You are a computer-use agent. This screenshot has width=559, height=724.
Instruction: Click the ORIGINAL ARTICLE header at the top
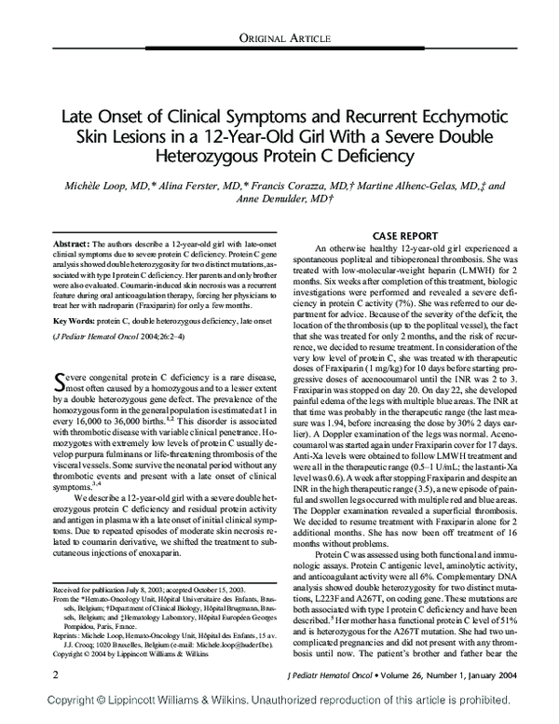(279, 36)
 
